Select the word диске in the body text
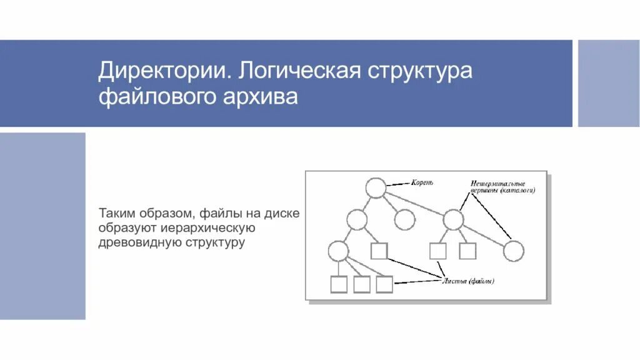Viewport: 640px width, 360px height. tap(282, 213)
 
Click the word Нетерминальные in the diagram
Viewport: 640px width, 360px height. tap(497, 184)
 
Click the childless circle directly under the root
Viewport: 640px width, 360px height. tap(405, 219)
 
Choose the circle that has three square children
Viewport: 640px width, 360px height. tap(338, 251)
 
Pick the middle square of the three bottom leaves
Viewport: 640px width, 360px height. tap(361, 284)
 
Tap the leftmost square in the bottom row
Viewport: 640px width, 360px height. tap(338, 284)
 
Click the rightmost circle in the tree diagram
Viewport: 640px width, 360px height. tap(513, 251)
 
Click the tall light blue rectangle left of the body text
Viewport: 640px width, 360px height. tap(42, 226)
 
